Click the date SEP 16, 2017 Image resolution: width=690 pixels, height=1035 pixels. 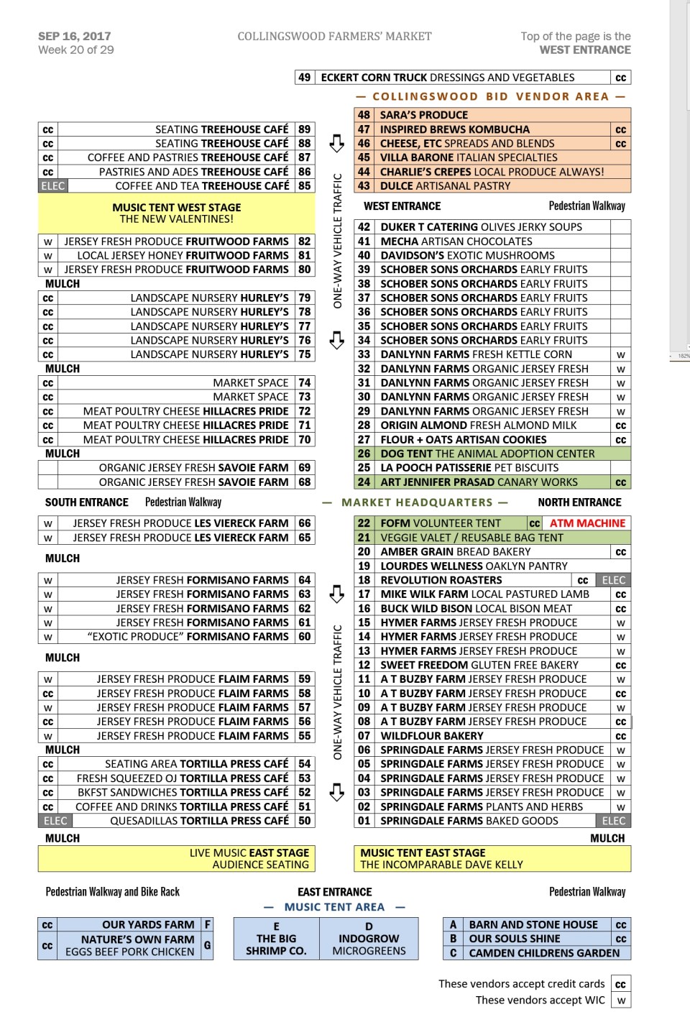[x=75, y=36]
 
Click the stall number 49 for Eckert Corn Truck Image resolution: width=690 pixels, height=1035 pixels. [x=305, y=78]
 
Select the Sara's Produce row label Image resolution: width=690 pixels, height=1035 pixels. [x=424, y=115]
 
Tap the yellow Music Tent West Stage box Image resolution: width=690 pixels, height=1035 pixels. [x=176, y=213]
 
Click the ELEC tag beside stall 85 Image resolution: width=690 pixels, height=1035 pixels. [x=52, y=186]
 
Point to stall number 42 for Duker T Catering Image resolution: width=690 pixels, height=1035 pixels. [x=364, y=227]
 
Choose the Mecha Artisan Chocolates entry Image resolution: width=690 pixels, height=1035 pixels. [x=456, y=241]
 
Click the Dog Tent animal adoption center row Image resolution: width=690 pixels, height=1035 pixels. [x=487, y=454]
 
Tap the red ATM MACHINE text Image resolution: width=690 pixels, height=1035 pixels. [x=587, y=523]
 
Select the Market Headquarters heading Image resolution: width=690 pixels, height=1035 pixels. [x=425, y=502]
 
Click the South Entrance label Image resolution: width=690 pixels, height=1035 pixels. [x=86, y=502]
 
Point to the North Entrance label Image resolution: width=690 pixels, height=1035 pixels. [x=579, y=502]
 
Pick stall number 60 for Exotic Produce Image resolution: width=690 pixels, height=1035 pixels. [x=305, y=637]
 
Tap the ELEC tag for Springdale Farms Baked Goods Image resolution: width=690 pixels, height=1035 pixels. [x=613, y=821]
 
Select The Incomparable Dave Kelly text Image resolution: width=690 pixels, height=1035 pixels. [x=441, y=865]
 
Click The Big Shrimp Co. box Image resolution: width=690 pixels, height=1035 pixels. [x=276, y=939]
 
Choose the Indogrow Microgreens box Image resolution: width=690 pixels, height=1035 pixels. [x=369, y=939]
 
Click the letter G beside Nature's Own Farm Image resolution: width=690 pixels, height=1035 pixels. [x=207, y=945]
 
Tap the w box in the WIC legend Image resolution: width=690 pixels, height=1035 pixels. [x=621, y=1000]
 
